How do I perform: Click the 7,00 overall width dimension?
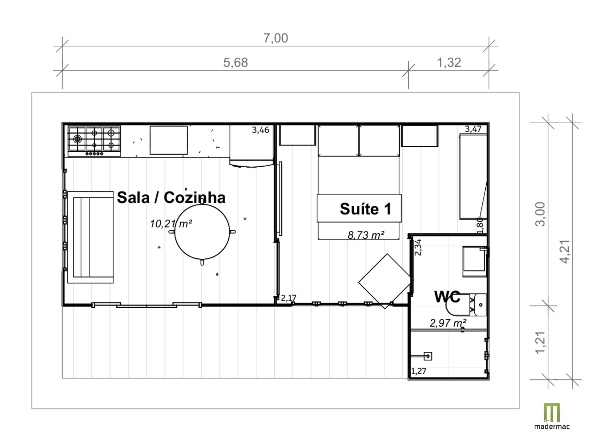click(276, 38)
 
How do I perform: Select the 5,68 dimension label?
click(236, 62)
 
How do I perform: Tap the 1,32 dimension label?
click(449, 62)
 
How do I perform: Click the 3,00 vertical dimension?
click(540, 214)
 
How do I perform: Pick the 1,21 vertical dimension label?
click(540, 343)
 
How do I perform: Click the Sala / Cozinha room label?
click(171, 197)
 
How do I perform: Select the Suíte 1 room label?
click(365, 208)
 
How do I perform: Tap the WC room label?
click(447, 297)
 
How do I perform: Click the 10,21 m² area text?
click(171, 223)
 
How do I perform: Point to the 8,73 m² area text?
click(366, 235)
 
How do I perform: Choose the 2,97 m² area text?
click(448, 323)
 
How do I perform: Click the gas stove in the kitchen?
click(94, 141)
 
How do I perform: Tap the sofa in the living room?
click(90, 237)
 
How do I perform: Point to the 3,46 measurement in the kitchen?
click(260, 130)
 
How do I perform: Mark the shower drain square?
click(428, 356)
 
